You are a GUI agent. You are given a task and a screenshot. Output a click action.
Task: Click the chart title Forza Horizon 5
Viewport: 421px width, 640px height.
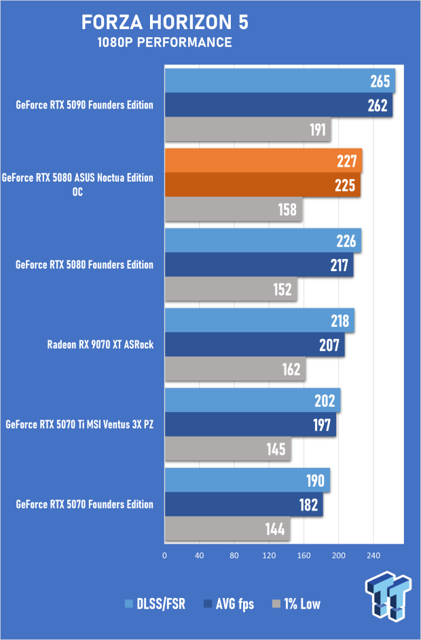(x=165, y=22)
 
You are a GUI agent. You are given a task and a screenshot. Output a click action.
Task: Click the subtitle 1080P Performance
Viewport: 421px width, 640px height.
(x=165, y=43)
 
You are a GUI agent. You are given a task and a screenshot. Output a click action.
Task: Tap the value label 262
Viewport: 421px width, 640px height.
(x=378, y=106)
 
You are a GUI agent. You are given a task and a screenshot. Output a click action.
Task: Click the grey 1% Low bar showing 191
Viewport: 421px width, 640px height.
(x=248, y=129)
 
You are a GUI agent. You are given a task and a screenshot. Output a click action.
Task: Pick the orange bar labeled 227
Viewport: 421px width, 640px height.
(x=263, y=161)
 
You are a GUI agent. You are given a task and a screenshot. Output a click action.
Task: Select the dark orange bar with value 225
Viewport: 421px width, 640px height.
(x=263, y=185)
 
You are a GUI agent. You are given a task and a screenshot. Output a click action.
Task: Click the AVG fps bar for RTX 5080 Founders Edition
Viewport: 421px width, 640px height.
(x=259, y=265)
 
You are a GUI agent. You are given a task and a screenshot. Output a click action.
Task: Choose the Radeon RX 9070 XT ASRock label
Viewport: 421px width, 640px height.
(x=100, y=344)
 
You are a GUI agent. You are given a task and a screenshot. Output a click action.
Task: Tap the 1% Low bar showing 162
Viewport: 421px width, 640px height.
(x=235, y=369)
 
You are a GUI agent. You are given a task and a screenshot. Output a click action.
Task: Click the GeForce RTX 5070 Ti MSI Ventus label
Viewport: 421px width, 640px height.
(x=79, y=424)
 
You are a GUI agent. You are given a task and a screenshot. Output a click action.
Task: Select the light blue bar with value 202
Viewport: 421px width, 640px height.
(x=253, y=400)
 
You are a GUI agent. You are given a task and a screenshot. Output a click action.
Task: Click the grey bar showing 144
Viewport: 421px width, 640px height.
(x=227, y=529)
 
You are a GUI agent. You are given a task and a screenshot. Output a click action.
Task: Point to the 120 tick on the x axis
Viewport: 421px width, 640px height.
(x=269, y=555)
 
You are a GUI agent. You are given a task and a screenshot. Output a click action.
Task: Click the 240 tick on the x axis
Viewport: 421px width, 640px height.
(x=373, y=555)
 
